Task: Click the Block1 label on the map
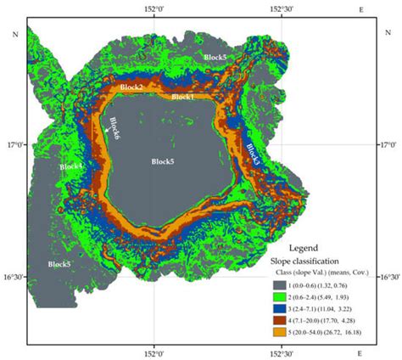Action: click(x=183, y=97)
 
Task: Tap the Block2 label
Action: click(x=131, y=87)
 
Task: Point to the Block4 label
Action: click(x=72, y=166)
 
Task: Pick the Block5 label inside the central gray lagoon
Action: click(x=163, y=161)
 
